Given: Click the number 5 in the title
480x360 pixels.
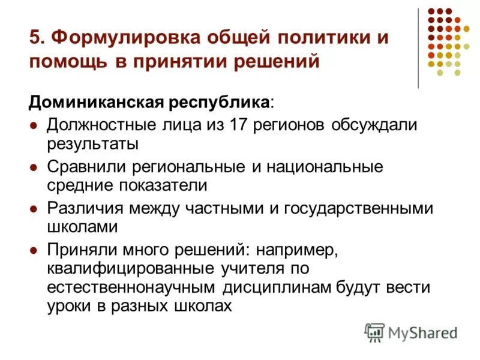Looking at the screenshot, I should [x=34, y=37].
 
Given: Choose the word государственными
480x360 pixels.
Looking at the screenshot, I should [x=359, y=208].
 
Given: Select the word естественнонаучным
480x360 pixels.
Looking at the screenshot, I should [x=132, y=287].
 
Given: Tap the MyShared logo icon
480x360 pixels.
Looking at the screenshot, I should [x=374, y=332].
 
